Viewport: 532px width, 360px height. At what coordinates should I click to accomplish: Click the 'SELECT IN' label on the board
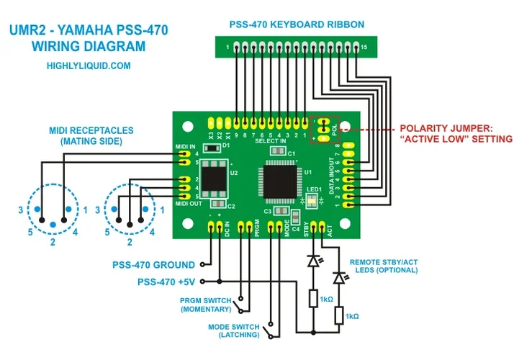tap(271, 141)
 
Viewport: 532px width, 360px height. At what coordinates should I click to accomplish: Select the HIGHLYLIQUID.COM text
tap(88, 65)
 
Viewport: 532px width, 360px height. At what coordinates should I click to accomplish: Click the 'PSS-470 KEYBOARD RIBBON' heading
tap(297, 24)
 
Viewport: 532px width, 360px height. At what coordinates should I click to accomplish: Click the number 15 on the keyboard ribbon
tap(364, 47)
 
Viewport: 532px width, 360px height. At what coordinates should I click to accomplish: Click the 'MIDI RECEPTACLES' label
tap(91, 131)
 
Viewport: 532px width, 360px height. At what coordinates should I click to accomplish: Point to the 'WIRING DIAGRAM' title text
tap(88, 47)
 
